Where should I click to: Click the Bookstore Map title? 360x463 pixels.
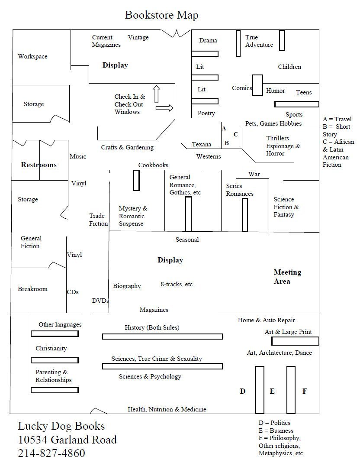[x=161, y=15]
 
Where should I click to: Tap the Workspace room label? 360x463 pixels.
[x=32, y=56]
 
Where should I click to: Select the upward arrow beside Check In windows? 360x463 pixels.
[x=156, y=94]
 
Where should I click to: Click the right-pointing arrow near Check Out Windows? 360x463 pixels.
[x=164, y=108]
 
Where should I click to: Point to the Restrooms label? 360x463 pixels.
[x=39, y=165]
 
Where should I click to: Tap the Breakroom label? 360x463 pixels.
[x=32, y=289]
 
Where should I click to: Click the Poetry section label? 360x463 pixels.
[x=206, y=113]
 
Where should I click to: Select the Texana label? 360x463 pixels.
[x=202, y=144]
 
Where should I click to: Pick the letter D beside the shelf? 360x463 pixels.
[x=243, y=391]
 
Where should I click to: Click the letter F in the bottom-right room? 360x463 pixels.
[x=305, y=391]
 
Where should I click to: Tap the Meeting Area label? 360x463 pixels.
[x=287, y=277]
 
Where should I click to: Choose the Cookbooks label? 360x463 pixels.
[x=153, y=165]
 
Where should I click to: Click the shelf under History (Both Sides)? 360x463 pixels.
[x=162, y=337]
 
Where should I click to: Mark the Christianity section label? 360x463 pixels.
[x=51, y=348]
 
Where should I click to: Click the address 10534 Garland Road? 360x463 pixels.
[x=67, y=440]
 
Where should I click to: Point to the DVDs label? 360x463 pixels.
[x=100, y=301]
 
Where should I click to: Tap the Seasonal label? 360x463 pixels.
[x=187, y=240]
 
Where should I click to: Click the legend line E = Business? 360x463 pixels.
[x=276, y=431]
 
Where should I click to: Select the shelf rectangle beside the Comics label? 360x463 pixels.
[x=257, y=85]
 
